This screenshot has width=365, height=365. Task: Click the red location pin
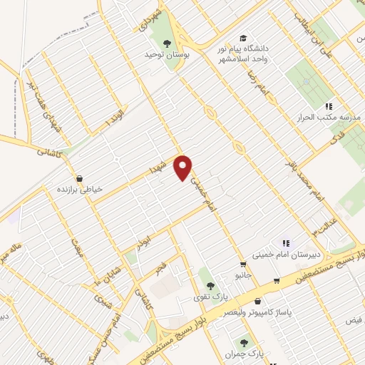[x=184, y=167]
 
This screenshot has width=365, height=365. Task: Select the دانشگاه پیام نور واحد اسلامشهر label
[x=244, y=53]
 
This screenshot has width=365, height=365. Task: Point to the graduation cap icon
[x=244, y=37]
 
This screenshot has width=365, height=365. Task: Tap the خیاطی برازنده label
[x=79, y=190]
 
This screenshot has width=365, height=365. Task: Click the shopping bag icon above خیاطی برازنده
[x=79, y=178]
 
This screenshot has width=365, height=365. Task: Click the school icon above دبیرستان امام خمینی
[x=287, y=242]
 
